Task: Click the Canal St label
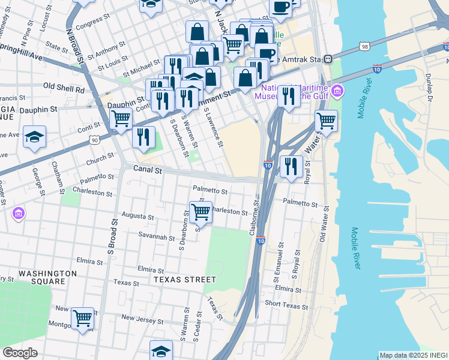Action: coord(148,170)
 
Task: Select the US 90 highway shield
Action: coord(94,140)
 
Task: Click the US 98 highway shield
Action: coord(365,46)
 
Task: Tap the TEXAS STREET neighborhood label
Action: coord(184,280)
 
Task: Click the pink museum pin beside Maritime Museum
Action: coord(337,91)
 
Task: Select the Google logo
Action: coord(20,353)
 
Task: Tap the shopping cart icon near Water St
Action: coord(326,121)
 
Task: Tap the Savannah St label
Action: coord(152,236)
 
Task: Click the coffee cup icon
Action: coord(280,7)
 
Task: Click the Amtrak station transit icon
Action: coord(328,59)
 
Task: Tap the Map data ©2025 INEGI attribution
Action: coord(414,355)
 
